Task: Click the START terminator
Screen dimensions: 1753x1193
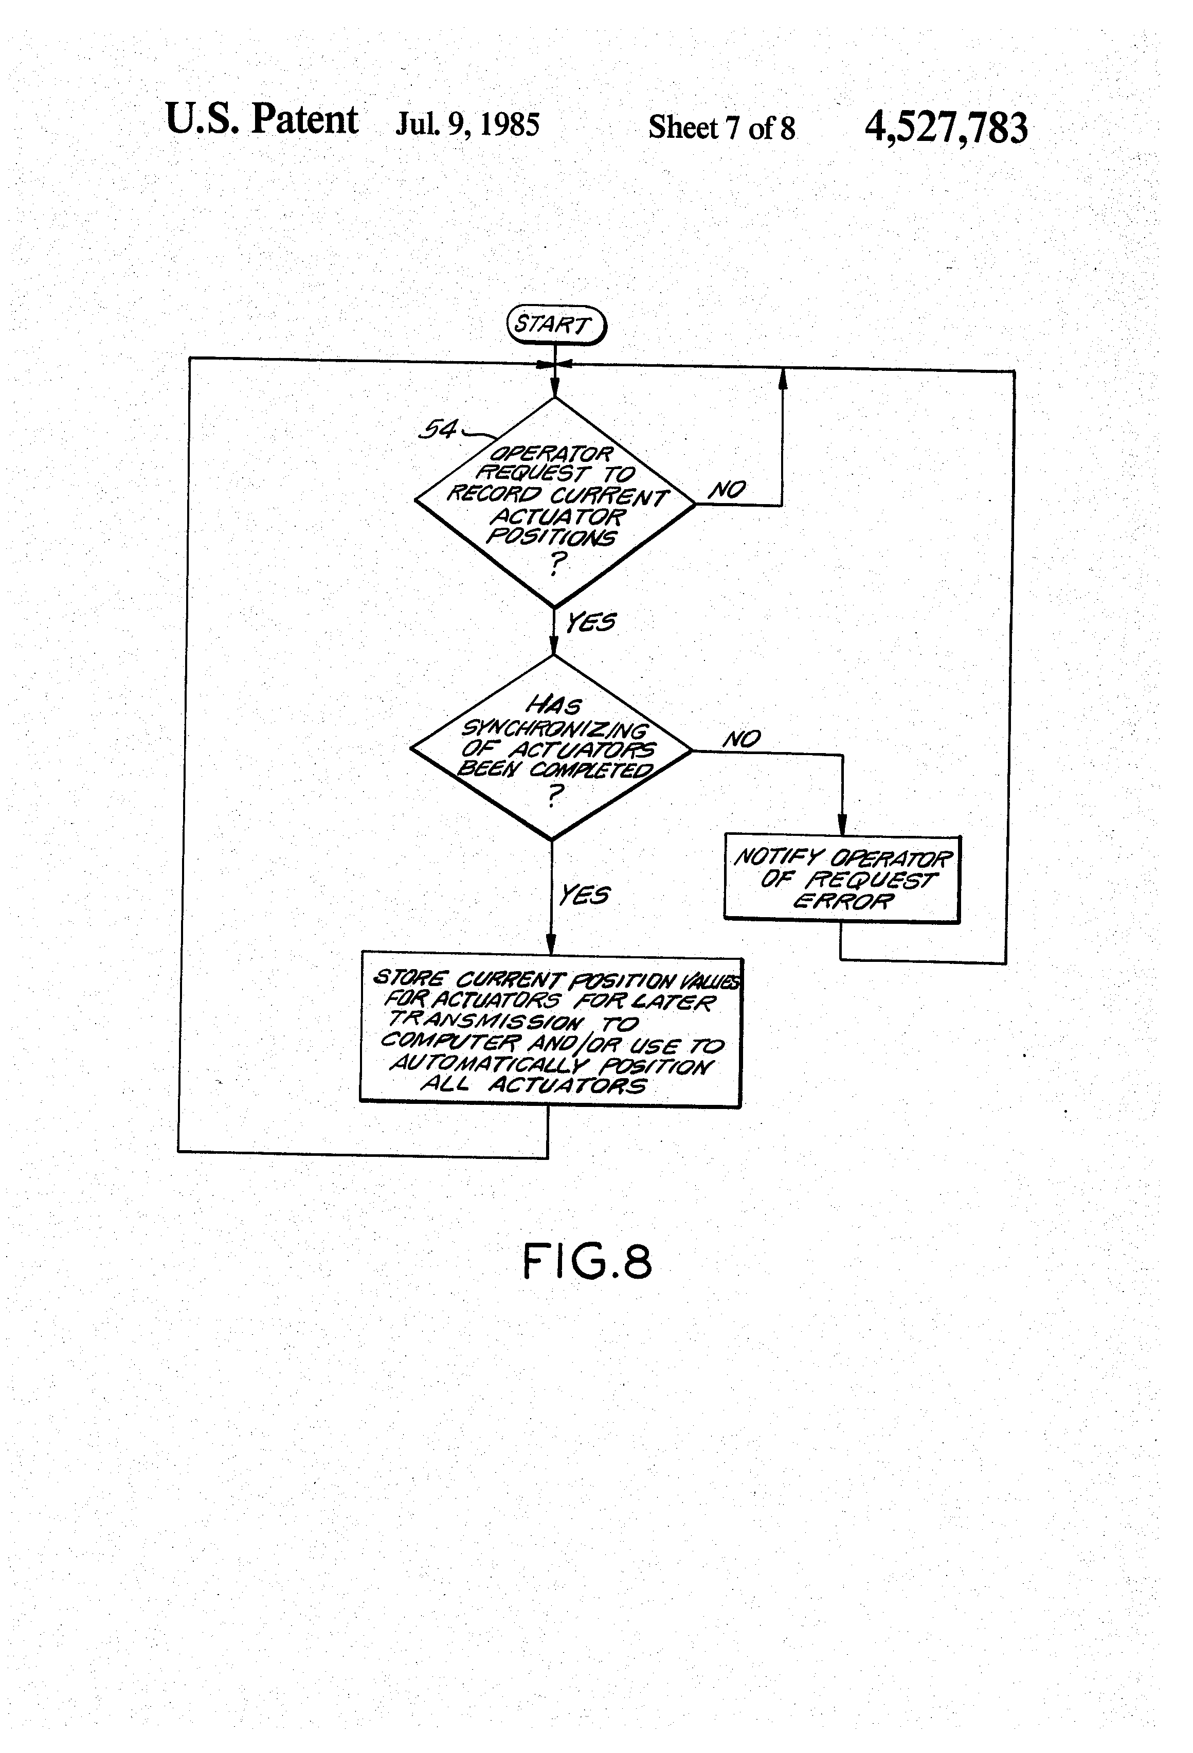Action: [556, 325]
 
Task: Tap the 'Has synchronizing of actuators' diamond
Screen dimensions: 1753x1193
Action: [551, 747]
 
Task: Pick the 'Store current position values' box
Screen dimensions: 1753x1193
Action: [551, 1030]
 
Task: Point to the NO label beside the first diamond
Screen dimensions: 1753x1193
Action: [726, 490]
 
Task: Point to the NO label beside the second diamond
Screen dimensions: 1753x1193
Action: [742, 739]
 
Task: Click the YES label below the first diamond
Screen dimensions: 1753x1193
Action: [590, 622]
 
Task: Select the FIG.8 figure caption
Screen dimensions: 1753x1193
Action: [587, 1261]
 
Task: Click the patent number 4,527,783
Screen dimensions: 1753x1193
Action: [946, 127]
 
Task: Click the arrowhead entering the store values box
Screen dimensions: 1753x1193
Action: [551, 945]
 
